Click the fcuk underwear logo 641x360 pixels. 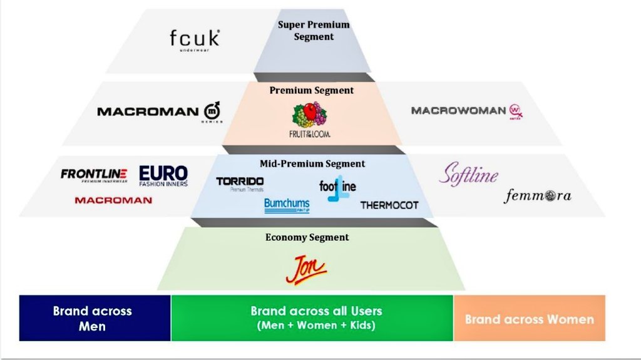click(195, 39)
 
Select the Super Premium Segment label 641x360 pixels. click(314, 31)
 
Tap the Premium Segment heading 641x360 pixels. click(311, 90)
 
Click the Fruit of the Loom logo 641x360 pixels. click(310, 120)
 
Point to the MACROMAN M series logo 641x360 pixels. click(159, 111)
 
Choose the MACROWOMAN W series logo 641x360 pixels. click(466, 111)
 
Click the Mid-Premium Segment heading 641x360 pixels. click(312, 163)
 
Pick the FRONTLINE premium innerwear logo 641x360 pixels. click(94, 175)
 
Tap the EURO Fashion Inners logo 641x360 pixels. click(163, 175)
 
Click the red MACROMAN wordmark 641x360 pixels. click(113, 200)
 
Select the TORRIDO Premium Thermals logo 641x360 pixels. click(240, 183)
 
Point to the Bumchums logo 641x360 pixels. click(287, 205)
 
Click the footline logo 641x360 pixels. click(337, 187)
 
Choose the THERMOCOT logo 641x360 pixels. click(389, 205)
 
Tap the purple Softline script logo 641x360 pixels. click(468, 174)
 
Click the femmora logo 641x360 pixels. click(538, 196)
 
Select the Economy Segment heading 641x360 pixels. click(307, 237)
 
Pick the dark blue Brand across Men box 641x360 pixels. click(95, 318)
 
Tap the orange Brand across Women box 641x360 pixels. click(529, 319)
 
